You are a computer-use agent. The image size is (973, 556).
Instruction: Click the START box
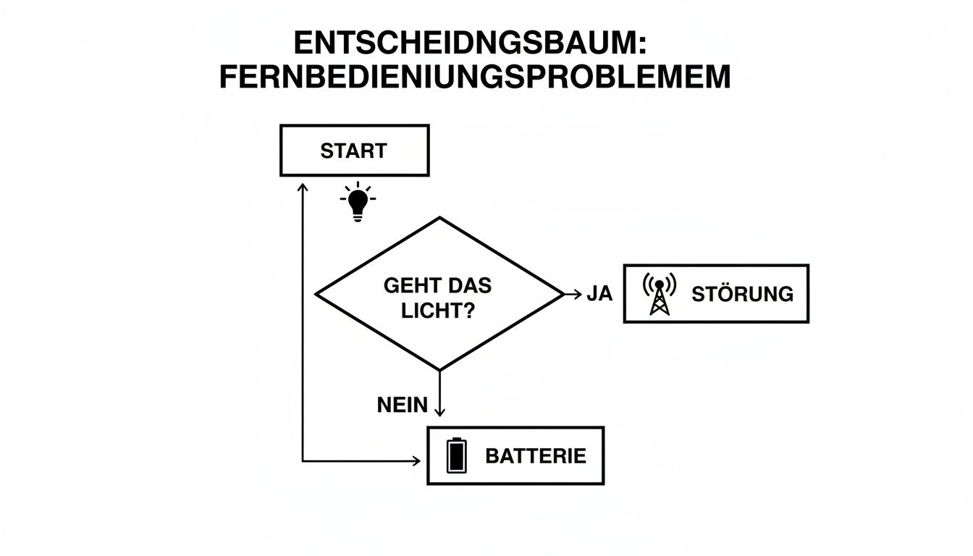[354, 151]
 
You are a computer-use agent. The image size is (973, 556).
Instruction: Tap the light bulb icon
[357, 202]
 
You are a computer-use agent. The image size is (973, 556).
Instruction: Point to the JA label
[599, 294]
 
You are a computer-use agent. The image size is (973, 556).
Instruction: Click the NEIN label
[402, 405]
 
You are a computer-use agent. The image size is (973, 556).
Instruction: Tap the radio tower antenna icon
[659, 294]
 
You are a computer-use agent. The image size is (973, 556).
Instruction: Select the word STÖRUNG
[742, 294]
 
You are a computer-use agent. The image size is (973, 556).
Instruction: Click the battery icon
[456, 455]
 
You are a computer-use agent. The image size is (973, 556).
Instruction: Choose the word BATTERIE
[535, 456]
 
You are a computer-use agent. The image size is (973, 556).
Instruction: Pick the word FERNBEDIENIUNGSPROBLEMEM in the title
[474, 77]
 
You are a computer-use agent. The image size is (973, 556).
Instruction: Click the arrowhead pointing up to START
[303, 187]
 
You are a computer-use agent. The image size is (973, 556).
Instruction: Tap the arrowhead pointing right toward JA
[577, 294]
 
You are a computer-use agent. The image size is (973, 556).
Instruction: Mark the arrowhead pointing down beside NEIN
[439, 412]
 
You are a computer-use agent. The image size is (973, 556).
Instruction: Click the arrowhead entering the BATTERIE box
[416, 460]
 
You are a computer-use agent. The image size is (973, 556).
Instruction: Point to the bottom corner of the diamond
[439, 370]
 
